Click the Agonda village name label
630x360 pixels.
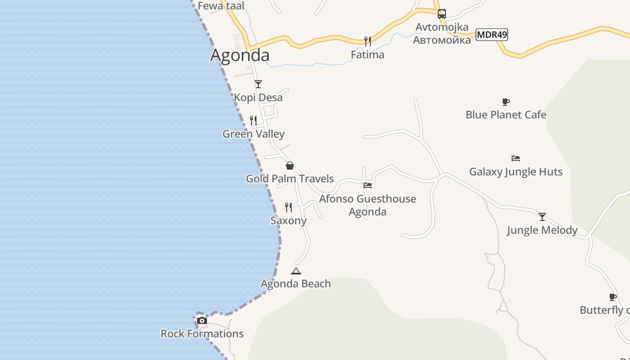(240, 55)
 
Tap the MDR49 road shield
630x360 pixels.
(492, 35)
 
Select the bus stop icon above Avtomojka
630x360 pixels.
(442, 13)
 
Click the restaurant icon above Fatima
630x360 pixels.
(368, 41)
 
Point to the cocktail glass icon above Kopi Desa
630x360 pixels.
(258, 84)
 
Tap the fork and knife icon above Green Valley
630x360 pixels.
(253, 120)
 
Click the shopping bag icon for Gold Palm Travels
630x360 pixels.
(290, 166)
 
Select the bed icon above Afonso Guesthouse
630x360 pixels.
(368, 185)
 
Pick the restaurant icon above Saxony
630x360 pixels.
(288, 207)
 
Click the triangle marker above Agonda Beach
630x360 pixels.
(296, 271)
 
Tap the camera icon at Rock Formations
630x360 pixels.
(202, 320)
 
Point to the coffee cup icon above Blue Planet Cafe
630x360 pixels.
(506, 102)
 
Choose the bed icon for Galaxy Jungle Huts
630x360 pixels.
(516, 158)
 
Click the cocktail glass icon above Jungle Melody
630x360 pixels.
(542, 217)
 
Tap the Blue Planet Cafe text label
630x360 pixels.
(506, 115)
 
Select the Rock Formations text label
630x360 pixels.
(202, 333)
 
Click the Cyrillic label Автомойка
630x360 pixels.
(442, 40)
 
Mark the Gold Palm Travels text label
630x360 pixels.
(290, 179)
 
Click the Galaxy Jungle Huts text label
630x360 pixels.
(516, 171)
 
